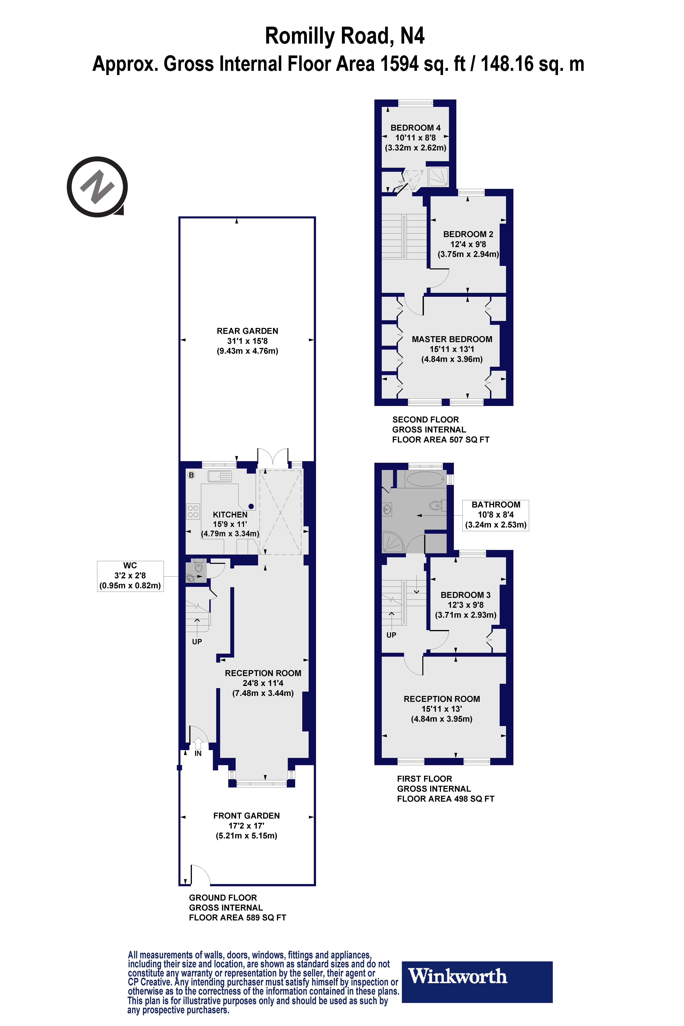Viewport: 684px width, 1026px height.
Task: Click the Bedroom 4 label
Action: (415, 128)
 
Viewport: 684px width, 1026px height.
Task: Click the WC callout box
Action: (130, 576)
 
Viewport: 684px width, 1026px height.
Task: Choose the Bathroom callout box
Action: (496, 515)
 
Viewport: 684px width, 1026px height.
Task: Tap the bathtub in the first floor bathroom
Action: (425, 479)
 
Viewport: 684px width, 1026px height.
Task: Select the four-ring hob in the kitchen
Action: (193, 511)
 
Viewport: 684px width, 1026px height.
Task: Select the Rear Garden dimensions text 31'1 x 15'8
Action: (247, 341)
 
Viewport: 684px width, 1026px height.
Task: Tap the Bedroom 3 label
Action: (465, 595)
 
